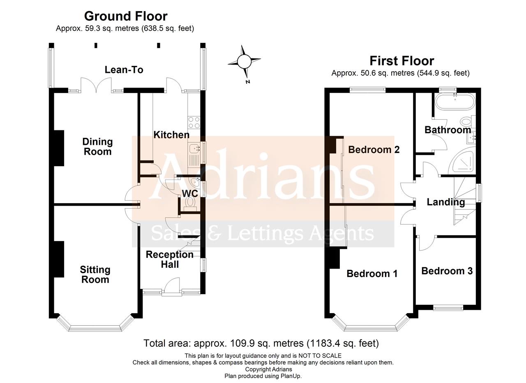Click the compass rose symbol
coord(244,62)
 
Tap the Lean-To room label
coord(124,70)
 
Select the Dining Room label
coord(97,147)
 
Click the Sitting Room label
coord(95,275)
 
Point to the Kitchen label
coord(171,135)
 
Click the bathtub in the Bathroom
coord(455,102)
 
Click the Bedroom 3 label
coord(447,271)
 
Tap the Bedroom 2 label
coord(374,150)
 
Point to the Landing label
coord(445,202)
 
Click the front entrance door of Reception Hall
coord(172,287)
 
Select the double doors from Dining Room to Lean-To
coord(96,85)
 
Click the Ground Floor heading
coord(126,16)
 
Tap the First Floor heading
coord(401,61)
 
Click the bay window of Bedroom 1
coord(371,327)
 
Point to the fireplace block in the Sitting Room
coord(59,259)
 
